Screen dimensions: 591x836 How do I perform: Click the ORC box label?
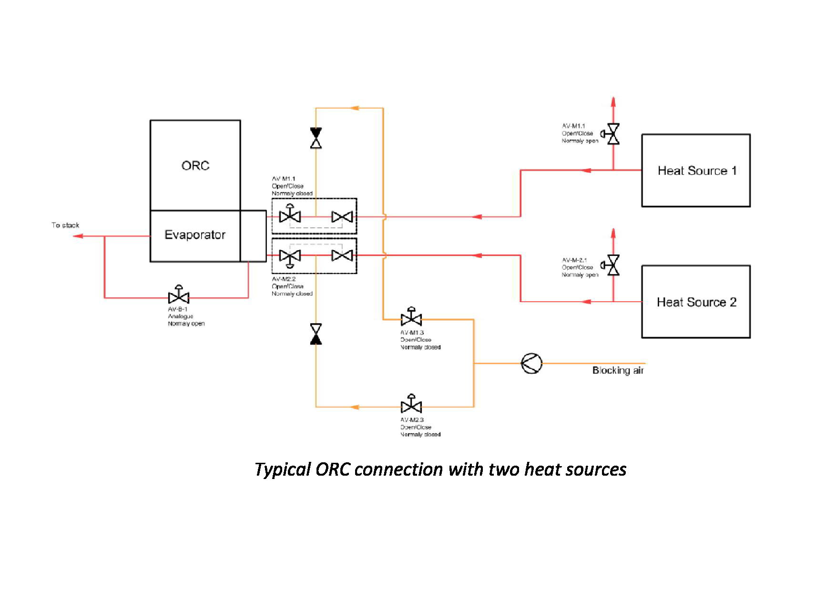click(195, 165)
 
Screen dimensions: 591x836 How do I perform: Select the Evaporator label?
click(195, 234)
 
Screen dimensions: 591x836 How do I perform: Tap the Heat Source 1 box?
click(696, 171)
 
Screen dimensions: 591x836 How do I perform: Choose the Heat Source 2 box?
click(696, 302)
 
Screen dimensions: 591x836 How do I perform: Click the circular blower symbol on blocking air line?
click(531, 364)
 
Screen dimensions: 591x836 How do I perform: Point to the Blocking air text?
click(618, 370)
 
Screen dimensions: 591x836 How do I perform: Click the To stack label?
click(65, 225)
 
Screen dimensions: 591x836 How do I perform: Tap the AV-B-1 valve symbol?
click(179, 297)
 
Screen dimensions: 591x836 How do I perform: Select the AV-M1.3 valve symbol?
click(411, 318)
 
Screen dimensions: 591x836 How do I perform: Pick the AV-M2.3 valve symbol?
click(411, 406)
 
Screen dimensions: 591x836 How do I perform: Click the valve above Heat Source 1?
click(613, 134)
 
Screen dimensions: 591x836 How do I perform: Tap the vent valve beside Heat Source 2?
click(613, 265)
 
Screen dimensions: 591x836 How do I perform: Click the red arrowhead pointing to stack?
click(78, 236)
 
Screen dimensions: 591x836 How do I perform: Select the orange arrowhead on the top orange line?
click(354, 108)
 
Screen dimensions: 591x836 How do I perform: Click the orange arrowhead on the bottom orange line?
click(354, 407)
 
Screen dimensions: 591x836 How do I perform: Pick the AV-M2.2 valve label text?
click(284, 279)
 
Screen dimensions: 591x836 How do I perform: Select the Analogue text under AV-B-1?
click(181, 316)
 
